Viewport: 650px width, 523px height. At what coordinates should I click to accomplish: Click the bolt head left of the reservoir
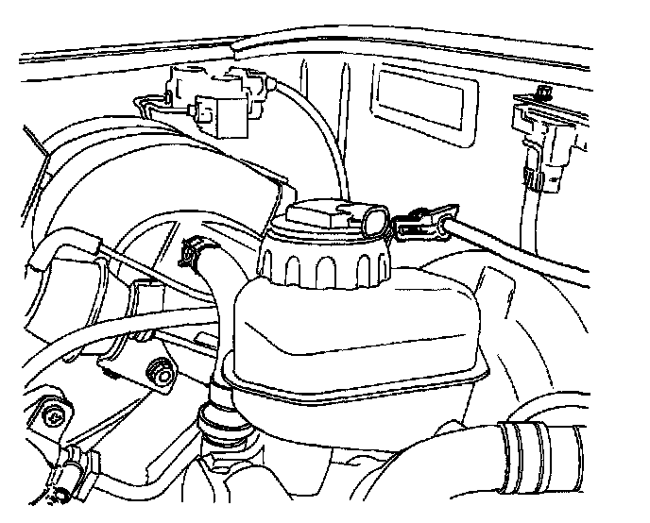[163, 376]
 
